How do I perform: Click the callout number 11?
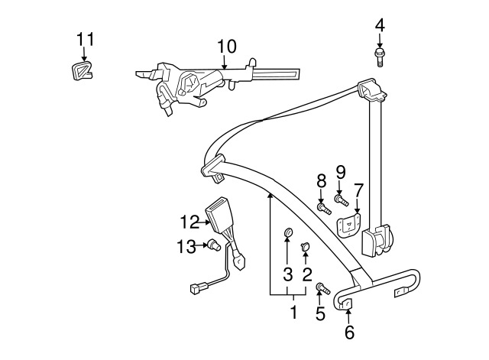85,40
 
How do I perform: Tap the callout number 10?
227,47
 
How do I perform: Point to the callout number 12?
189,222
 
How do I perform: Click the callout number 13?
186,246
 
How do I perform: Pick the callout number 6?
349,332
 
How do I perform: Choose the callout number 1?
293,313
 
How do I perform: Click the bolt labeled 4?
379,57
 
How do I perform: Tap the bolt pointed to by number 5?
322,288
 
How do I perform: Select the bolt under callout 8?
324,209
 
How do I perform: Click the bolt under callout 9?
342,200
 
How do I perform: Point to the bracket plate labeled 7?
349,225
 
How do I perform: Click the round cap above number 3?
289,232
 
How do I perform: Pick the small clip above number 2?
305,246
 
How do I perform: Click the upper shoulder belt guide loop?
372,89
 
